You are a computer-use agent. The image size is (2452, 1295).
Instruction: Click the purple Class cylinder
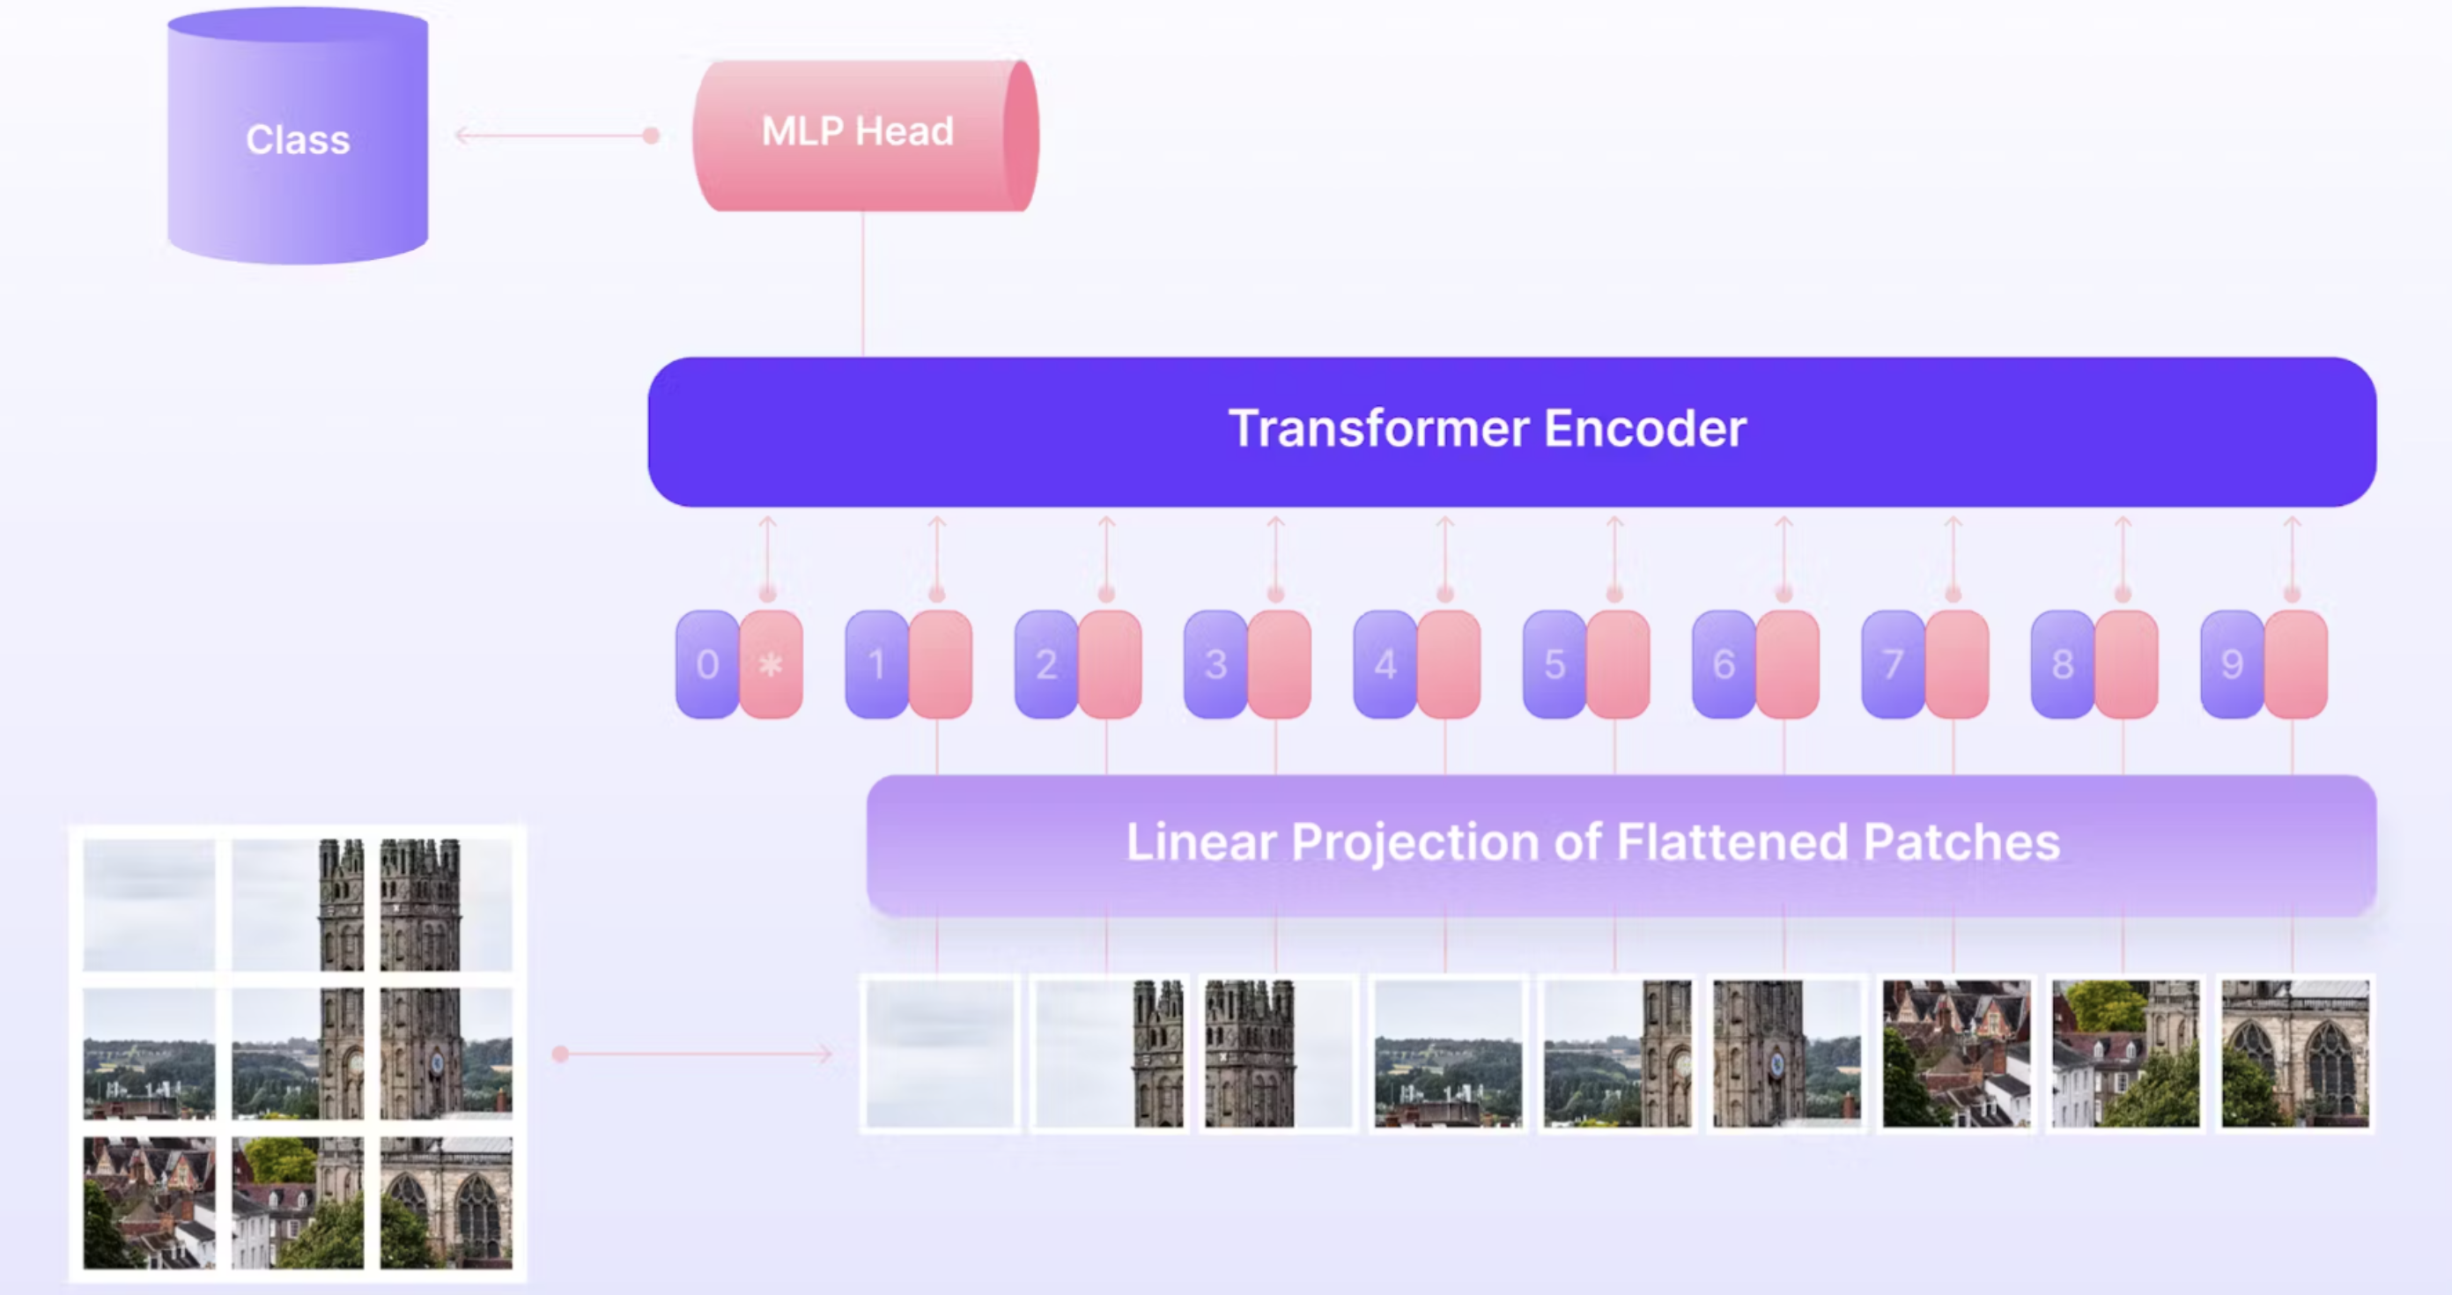coord(297,139)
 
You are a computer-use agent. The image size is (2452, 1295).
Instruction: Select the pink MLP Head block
coord(857,133)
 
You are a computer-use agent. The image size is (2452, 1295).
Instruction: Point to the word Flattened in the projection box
coord(1732,843)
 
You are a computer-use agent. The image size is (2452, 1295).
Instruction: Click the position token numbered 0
coord(707,664)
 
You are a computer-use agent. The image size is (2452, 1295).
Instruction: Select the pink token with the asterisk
coord(771,664)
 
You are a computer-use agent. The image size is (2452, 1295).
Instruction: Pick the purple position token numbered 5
coord(1555,664)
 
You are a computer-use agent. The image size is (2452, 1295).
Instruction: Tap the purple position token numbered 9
coord(2232,664)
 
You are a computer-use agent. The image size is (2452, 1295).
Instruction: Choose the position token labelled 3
coord(1215,664)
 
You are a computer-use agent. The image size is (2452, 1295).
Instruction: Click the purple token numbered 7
coord(1894,664)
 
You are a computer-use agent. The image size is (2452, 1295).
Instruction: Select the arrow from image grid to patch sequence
coord(695,1053)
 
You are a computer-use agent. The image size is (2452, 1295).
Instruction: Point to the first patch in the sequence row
coord(940,1053)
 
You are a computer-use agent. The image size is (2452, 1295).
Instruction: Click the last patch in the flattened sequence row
coord(2295,1053)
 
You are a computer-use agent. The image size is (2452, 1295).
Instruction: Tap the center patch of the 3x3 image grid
coord(297,1053)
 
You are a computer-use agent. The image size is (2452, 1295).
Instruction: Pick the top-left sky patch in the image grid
coord(150,905)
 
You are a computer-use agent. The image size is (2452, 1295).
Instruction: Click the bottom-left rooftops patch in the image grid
coord(150,1202)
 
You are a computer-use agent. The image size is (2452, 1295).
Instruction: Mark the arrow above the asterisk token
coord(767,557)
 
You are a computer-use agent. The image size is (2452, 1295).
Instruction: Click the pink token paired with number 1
coord(941,664)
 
